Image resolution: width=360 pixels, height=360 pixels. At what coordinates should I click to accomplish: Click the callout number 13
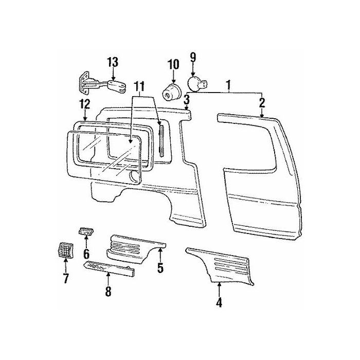tap(112, 62)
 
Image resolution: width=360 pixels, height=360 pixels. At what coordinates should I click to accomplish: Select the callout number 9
tap(193, 57)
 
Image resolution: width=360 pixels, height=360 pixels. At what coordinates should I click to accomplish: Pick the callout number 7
tap(66, 279)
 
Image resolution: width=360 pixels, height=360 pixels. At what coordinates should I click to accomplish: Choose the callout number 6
tap(86, 254)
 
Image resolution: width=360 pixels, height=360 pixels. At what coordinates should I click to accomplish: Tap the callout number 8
tap(108, 291)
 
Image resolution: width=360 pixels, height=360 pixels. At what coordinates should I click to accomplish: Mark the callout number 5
tap(160, 268)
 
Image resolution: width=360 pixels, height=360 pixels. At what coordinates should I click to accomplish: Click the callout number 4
tap(219, 302)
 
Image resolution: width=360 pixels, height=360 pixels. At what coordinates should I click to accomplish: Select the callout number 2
tap(262, 102)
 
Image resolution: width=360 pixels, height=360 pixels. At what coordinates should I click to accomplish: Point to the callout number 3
tap(187, 99)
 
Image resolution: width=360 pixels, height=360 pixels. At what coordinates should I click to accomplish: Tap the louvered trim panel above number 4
tap(224, 265)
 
